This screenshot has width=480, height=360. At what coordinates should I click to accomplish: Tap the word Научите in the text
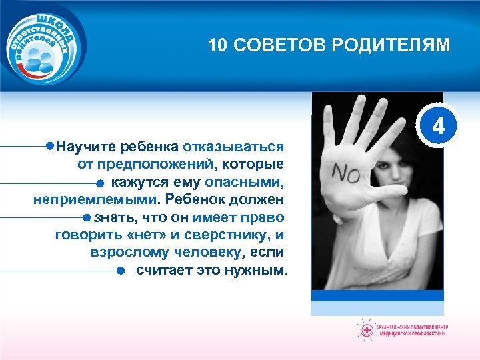click(x=84, y=146)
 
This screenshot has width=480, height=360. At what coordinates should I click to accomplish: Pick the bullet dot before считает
click(x=121, y=271)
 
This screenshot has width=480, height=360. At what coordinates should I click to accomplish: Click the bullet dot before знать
click(x=87, y=217)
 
